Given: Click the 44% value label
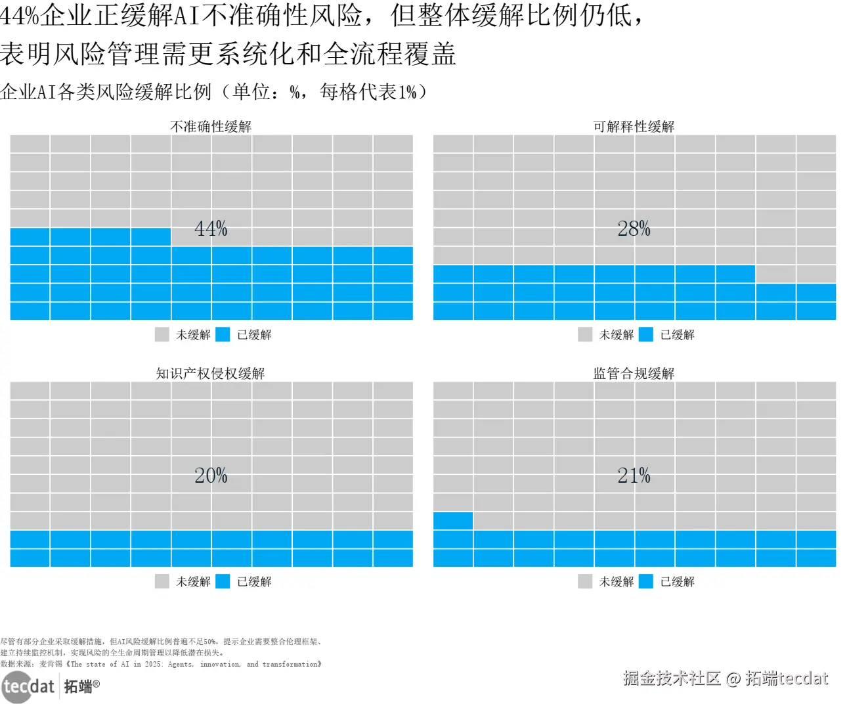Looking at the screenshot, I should pos(211,229).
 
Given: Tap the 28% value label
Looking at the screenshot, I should pos(634,229).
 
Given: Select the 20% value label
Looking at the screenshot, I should pos(211,475).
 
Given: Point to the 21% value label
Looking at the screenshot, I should pos(634,475).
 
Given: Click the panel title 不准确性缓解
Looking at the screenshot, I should pos(211,126).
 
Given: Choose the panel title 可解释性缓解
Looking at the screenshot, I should pos(634,126).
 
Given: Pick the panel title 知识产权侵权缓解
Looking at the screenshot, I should pos(211,373).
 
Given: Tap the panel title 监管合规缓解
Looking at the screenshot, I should pos(634,373).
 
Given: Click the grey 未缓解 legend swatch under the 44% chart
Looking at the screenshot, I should pos(162,334).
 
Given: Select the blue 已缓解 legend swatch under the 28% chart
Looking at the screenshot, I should pos(646,334).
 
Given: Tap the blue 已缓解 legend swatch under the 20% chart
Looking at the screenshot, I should pos(223,581).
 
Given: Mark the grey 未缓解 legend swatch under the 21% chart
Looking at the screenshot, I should pos(585,581).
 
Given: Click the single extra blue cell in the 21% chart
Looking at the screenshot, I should pos(453,521).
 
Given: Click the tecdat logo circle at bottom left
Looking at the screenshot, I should pos(16,688).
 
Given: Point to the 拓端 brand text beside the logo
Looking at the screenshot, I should pos(79,687).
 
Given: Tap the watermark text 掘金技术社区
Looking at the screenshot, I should pos(672,678).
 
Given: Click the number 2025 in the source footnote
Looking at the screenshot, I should pos(153,664).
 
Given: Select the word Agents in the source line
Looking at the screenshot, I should pos(181,664).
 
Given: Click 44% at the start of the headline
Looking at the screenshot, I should pos(20,16).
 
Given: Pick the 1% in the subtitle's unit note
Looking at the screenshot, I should pos(407,92).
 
